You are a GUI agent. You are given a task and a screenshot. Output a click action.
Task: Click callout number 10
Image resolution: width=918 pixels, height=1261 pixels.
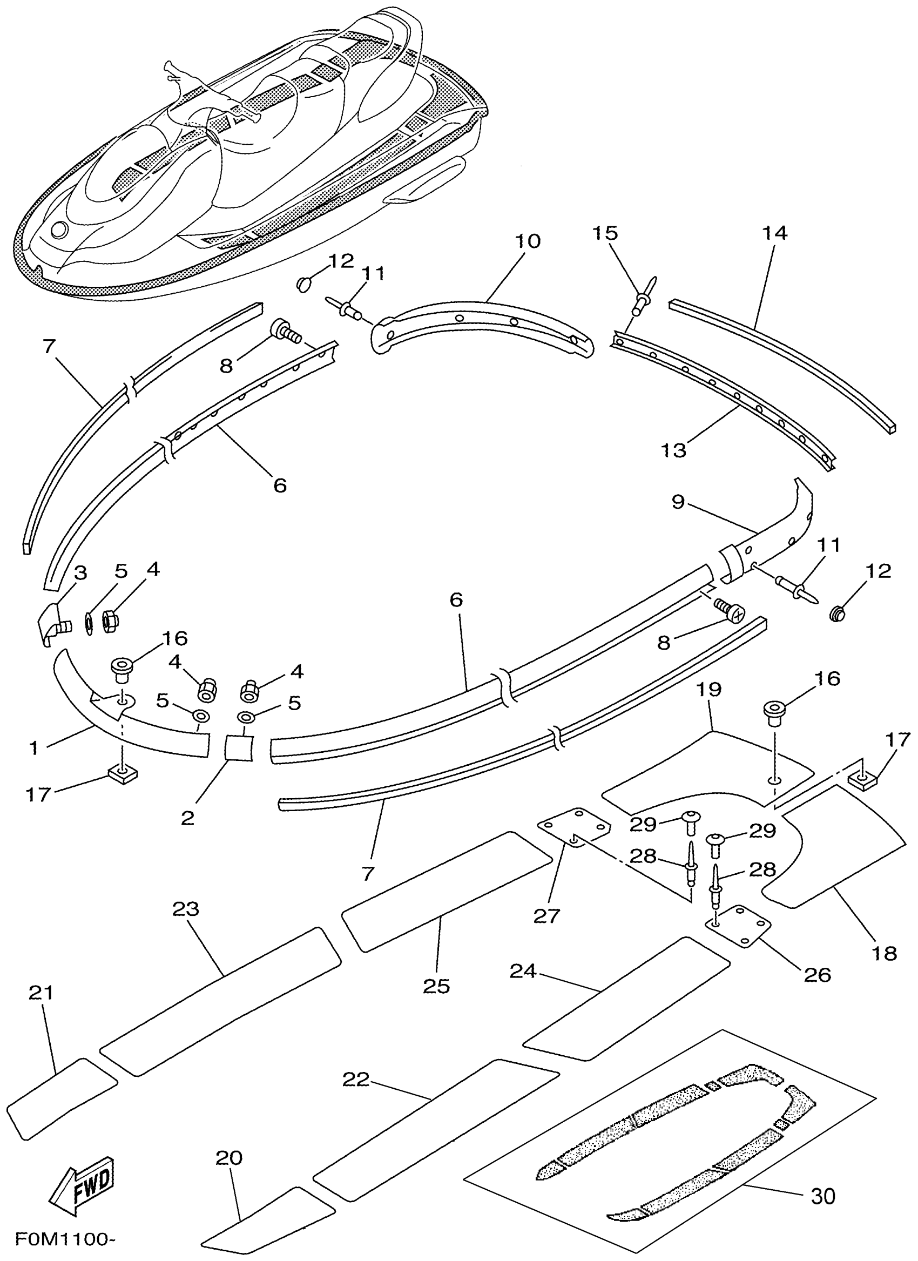pyautogui.click(x=528, y=241)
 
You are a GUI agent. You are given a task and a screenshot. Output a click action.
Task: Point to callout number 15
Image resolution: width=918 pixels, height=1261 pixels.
pyautogui.click(x=605, y=233)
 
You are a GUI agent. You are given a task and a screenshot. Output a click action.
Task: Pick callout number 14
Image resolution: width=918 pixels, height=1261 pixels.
pyautogui.click(x=774, y=233)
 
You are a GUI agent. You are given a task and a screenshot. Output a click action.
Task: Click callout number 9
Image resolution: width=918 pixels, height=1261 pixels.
pyautogui.click(x=678, y=502)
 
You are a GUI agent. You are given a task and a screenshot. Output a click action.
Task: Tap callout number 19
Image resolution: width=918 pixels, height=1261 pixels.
pyautogui.click(x=709, y=690)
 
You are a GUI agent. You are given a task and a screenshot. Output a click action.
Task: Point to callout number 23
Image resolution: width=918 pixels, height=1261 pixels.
pyautogui.click(x=186, y=909)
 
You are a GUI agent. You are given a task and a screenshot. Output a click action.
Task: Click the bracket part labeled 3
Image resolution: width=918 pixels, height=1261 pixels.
pyautogui.click(x=50, y=623)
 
